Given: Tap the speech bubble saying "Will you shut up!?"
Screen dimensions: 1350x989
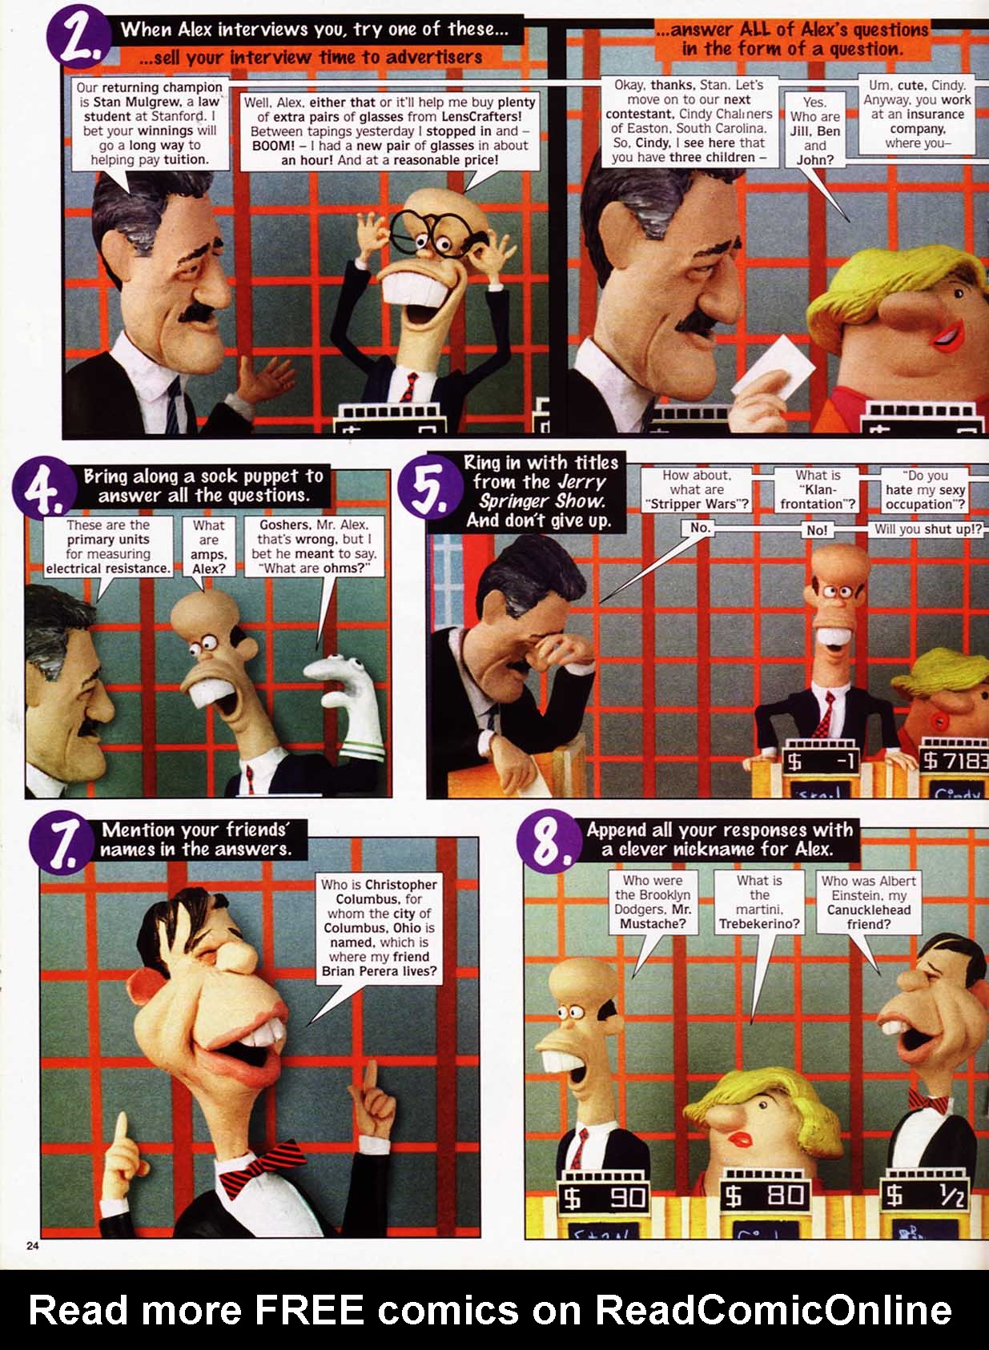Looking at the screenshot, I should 927,529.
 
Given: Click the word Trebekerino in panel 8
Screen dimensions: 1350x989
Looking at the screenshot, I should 759,923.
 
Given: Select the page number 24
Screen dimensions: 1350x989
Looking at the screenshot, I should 33,1245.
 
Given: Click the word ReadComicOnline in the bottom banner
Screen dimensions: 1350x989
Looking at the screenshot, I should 772,1310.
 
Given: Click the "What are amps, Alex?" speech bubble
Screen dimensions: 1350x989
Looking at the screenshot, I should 208,547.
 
